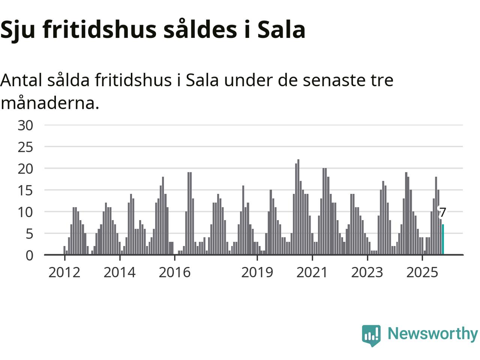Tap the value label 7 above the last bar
tap(442, 213)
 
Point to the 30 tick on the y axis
tap(25, 126)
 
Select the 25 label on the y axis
tap(25, 147)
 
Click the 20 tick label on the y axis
tap(25, 169)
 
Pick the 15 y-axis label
tap(25, 190)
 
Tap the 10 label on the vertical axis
tap(25, 212)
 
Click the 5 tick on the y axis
tap(29, 234)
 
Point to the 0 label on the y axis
tap(29, 255)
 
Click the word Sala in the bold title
tap(281, 29)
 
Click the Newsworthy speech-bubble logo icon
tap(371, 335)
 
